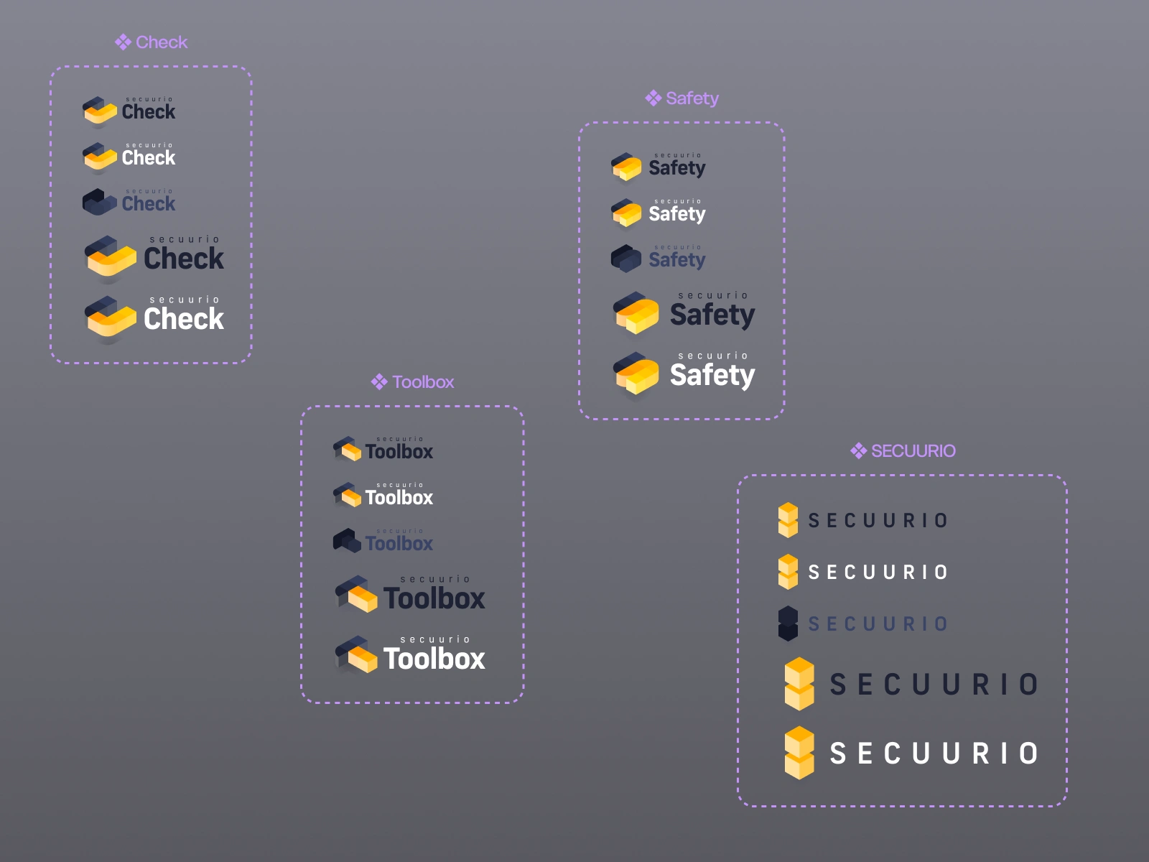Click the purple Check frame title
coord(162,42)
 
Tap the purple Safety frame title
coord(692,98)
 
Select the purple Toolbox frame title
coord(423,382)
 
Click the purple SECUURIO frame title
coord(913,451)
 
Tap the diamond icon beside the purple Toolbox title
coord(379,382)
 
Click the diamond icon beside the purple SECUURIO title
coord(858,451)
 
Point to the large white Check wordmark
coord(184,319)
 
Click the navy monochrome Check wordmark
coord(149,204)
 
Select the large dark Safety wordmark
coord(712,315)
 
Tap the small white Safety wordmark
coord(676,214)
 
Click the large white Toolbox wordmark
coord(434,659)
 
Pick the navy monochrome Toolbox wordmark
coord(399,544)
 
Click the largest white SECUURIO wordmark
coord(934,754)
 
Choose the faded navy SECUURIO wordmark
coord(878,624)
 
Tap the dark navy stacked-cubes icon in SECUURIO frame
coord(788,624)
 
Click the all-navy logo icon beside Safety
coord(625,259)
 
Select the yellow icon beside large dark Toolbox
coord(356,594)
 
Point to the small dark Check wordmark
coord(149,112)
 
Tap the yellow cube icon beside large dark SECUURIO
coord(799,684)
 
